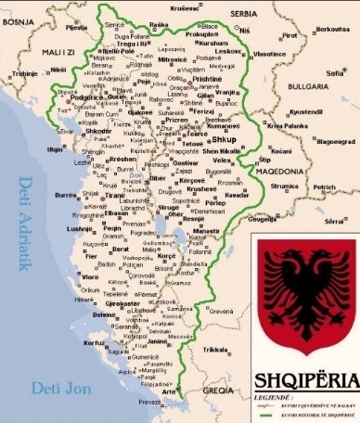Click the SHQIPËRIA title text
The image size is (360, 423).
click(303, 379)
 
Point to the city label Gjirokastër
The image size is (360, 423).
click(121, 303)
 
